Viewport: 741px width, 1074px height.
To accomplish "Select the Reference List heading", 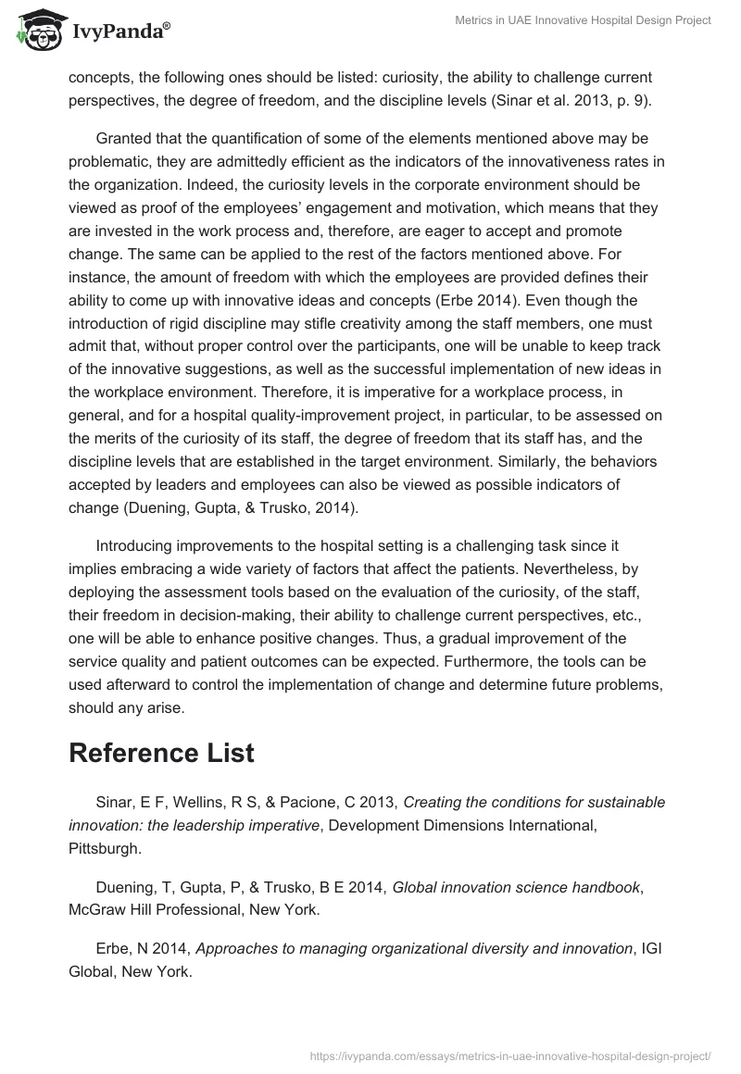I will pyautogui.click(x=161, y=753).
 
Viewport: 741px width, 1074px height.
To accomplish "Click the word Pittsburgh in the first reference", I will pyautogui.click(x=104, y=846).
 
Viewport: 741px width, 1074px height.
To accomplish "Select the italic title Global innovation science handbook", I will pyautogui.click(x=516, y=887).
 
